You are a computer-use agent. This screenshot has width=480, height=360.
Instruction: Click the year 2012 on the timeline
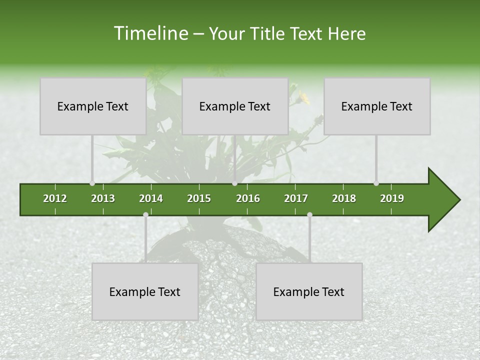click(55, 198)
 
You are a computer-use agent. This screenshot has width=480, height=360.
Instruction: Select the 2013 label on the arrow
click(103, 198)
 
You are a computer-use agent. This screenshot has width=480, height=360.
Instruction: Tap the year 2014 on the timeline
click(151, 198)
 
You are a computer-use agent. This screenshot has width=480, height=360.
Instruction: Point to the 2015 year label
click(199, 198)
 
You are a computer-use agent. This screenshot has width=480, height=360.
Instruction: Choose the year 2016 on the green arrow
click(248, 198)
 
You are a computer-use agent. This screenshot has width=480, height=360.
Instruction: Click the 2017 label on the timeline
click(296, 198)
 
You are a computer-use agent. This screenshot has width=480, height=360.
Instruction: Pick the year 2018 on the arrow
click(344, 198)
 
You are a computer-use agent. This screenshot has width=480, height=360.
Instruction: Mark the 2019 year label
click(392, 198)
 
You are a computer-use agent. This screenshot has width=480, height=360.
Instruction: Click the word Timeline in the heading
click(150, 33)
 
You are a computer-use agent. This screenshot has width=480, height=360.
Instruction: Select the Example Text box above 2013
click(93, 106)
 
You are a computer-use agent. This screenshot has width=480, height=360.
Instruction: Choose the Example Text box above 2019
click(377, 106)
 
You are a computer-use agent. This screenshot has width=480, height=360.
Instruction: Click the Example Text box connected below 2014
click(145, 291)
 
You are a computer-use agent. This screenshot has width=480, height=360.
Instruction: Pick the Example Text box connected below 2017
click(309, 291)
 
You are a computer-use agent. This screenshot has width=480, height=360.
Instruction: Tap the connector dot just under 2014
click(145, 215)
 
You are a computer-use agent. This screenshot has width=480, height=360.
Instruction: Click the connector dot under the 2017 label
click(309, 215)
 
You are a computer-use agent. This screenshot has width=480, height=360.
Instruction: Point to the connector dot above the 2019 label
click(376, 183)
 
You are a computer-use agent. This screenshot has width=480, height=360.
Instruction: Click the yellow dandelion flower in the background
click(303, 96)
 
